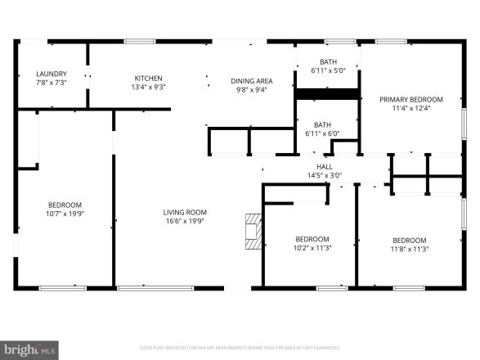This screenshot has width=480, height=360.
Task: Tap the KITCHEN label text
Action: [149, 78]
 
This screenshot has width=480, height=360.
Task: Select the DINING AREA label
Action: [253, 81]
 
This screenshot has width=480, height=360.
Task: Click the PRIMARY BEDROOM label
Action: [410, 99]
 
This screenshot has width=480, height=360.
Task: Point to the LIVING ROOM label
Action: [185, 212]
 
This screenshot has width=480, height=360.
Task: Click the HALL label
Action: [325, 166]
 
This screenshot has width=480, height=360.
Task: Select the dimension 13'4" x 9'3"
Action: [149, 87]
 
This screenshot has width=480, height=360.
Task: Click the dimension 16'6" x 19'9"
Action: [185, 221]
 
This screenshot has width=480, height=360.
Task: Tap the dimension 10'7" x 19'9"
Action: [65, 214]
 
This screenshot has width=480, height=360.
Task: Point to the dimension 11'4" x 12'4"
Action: [410, 108]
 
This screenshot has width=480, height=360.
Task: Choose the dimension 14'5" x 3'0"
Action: [325, 174]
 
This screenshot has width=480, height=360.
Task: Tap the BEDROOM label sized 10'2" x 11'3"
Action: [312, 240]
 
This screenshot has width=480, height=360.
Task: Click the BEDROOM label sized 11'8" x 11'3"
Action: [410, 240]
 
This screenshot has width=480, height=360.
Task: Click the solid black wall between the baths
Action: [327, 94]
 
